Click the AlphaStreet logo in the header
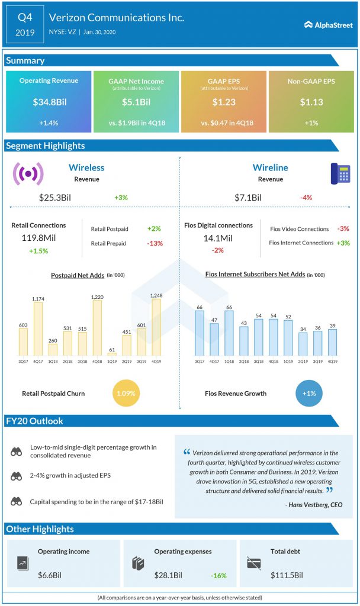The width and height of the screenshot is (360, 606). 328,25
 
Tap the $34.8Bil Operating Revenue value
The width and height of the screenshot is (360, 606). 50,102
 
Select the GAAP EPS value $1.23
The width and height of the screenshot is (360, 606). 224,102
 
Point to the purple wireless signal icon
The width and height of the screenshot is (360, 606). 28,173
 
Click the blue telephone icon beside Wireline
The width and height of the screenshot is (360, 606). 340,173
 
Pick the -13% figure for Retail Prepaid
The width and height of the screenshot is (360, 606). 155,243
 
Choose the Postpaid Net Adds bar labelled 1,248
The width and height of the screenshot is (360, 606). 156,327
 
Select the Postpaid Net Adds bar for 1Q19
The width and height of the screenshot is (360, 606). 112,354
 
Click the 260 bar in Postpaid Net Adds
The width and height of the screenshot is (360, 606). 53,350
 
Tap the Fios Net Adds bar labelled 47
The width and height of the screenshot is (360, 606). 214,339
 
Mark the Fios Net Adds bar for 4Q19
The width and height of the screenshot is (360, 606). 332,343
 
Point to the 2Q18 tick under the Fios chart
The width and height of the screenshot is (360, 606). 243,362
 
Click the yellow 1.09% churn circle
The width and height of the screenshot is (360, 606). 126,394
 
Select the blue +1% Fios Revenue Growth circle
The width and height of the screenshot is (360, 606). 309,394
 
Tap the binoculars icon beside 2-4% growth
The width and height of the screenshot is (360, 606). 16,476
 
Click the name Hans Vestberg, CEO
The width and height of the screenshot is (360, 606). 315,505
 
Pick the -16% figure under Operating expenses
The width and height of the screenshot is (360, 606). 218,575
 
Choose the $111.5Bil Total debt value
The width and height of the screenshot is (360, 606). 287,575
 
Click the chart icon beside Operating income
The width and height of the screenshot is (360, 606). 23,563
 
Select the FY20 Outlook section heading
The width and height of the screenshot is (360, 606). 34,421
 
